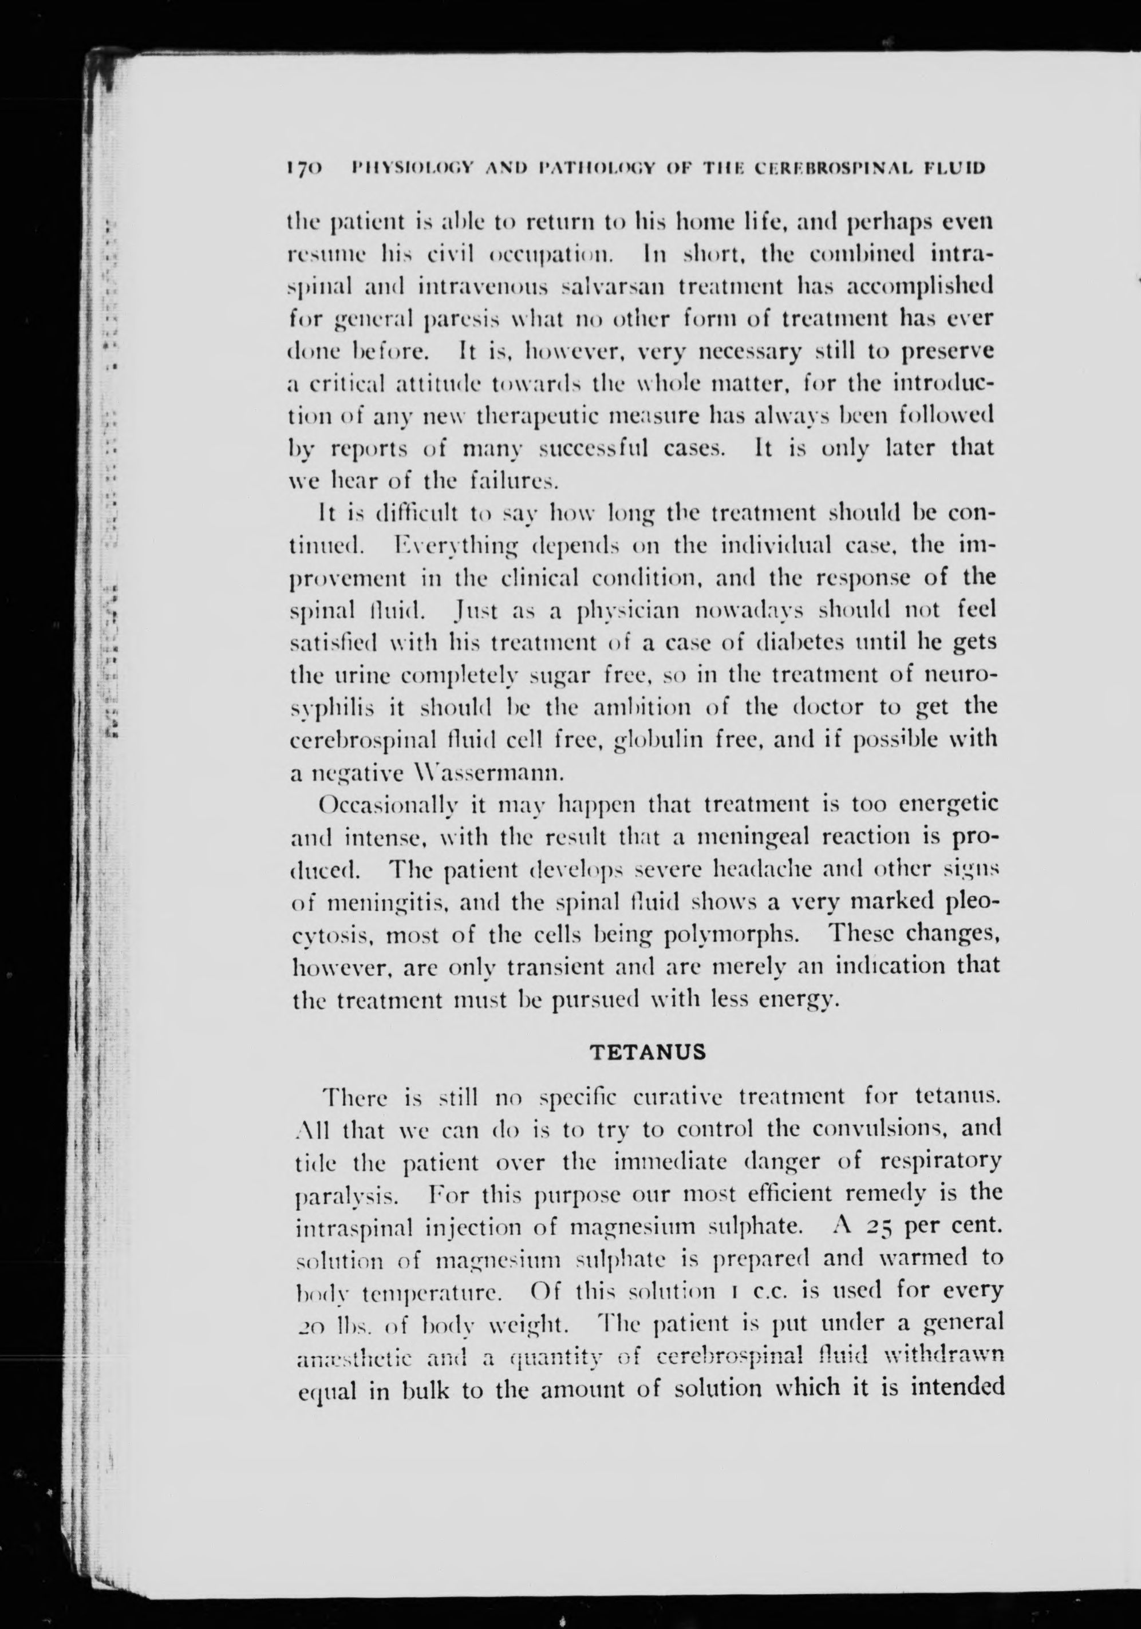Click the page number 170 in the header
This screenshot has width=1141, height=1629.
click(303, 168)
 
